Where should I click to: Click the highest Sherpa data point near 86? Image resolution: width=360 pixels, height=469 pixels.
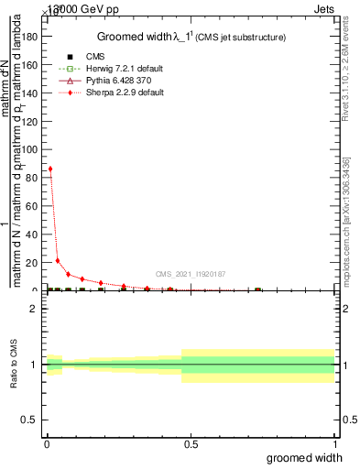(x=49, y=169)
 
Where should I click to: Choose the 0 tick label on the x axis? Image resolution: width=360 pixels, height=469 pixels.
(x=46, y=444)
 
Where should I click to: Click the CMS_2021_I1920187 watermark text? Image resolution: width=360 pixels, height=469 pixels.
(x=190, y=274)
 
